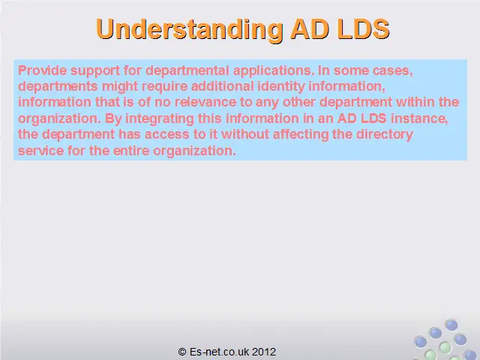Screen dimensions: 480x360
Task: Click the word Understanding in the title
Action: click(190, 30)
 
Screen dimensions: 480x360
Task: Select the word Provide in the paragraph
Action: click(43, 70)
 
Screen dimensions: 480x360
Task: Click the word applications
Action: click(274, 71)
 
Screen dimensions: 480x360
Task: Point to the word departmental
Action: click(187, 71)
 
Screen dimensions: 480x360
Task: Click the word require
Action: click(165, 87)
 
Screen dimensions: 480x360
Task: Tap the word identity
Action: click(281, 87)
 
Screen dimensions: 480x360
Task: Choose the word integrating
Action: click(160, 118)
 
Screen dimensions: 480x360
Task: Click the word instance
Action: click(419, 118)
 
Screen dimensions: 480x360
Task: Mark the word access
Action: click(166, 135)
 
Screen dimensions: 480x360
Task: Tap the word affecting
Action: click(301, 135)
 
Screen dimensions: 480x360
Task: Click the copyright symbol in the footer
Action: click(182, 352)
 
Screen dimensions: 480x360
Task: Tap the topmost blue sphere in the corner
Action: click(451, 325)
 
